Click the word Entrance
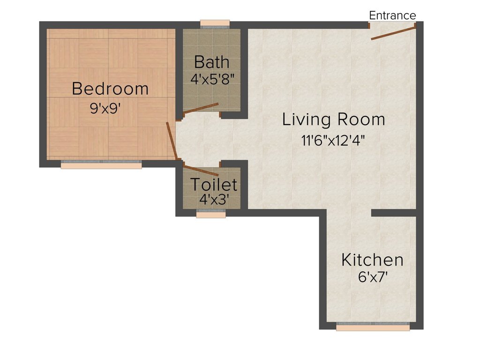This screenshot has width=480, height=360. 392,15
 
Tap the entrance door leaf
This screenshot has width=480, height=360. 393,33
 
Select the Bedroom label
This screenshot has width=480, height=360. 110,89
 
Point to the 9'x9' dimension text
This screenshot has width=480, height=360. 105,108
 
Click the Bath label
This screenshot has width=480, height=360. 212,62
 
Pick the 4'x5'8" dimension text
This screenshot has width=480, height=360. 212,79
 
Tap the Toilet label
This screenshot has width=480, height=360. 214,185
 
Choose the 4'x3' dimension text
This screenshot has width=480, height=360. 214,200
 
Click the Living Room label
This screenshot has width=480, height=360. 333,120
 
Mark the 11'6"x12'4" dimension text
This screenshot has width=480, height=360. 333,141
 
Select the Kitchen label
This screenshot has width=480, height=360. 372,260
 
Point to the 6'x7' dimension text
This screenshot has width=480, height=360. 373,277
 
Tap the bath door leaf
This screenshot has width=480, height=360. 201,108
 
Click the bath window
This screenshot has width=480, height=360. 215,24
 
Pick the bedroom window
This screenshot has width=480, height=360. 101,165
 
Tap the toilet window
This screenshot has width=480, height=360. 211,213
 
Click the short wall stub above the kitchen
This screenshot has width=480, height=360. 394,213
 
